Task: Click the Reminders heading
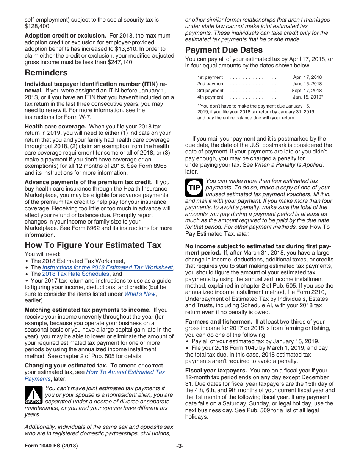pyautogui.click(x=46, y=73)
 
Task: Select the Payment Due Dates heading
pyautogui.click(x=224, y=50)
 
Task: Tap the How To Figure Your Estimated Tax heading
pyautogui.click(x=93, y=245)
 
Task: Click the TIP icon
pyautogui.click(x=194, y=188)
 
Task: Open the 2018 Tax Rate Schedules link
pyautogui.click(x=75, y=274)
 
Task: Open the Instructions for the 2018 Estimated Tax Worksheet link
pyautogui.click(x=108, y=267)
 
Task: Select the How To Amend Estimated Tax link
pyautogui.click(x=125, y=372)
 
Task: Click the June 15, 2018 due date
pyautogui.click(x=307, y=84)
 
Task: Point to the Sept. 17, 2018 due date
pyautogui.click(x=307, y=91)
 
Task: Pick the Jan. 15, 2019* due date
pyautogui.click(x=308, y=97)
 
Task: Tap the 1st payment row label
pyautogui.click(x=210, y=77)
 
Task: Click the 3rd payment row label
pyautogui.click(x=210, y=91)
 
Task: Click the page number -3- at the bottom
pyautogui.click(x=180, y=446)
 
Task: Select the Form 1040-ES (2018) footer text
pyautogui.click(x=51, y=446)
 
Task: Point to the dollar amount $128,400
pyautogui.click(x=38, y=26)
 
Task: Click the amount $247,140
pyautogui.click(x=121, y=62)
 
